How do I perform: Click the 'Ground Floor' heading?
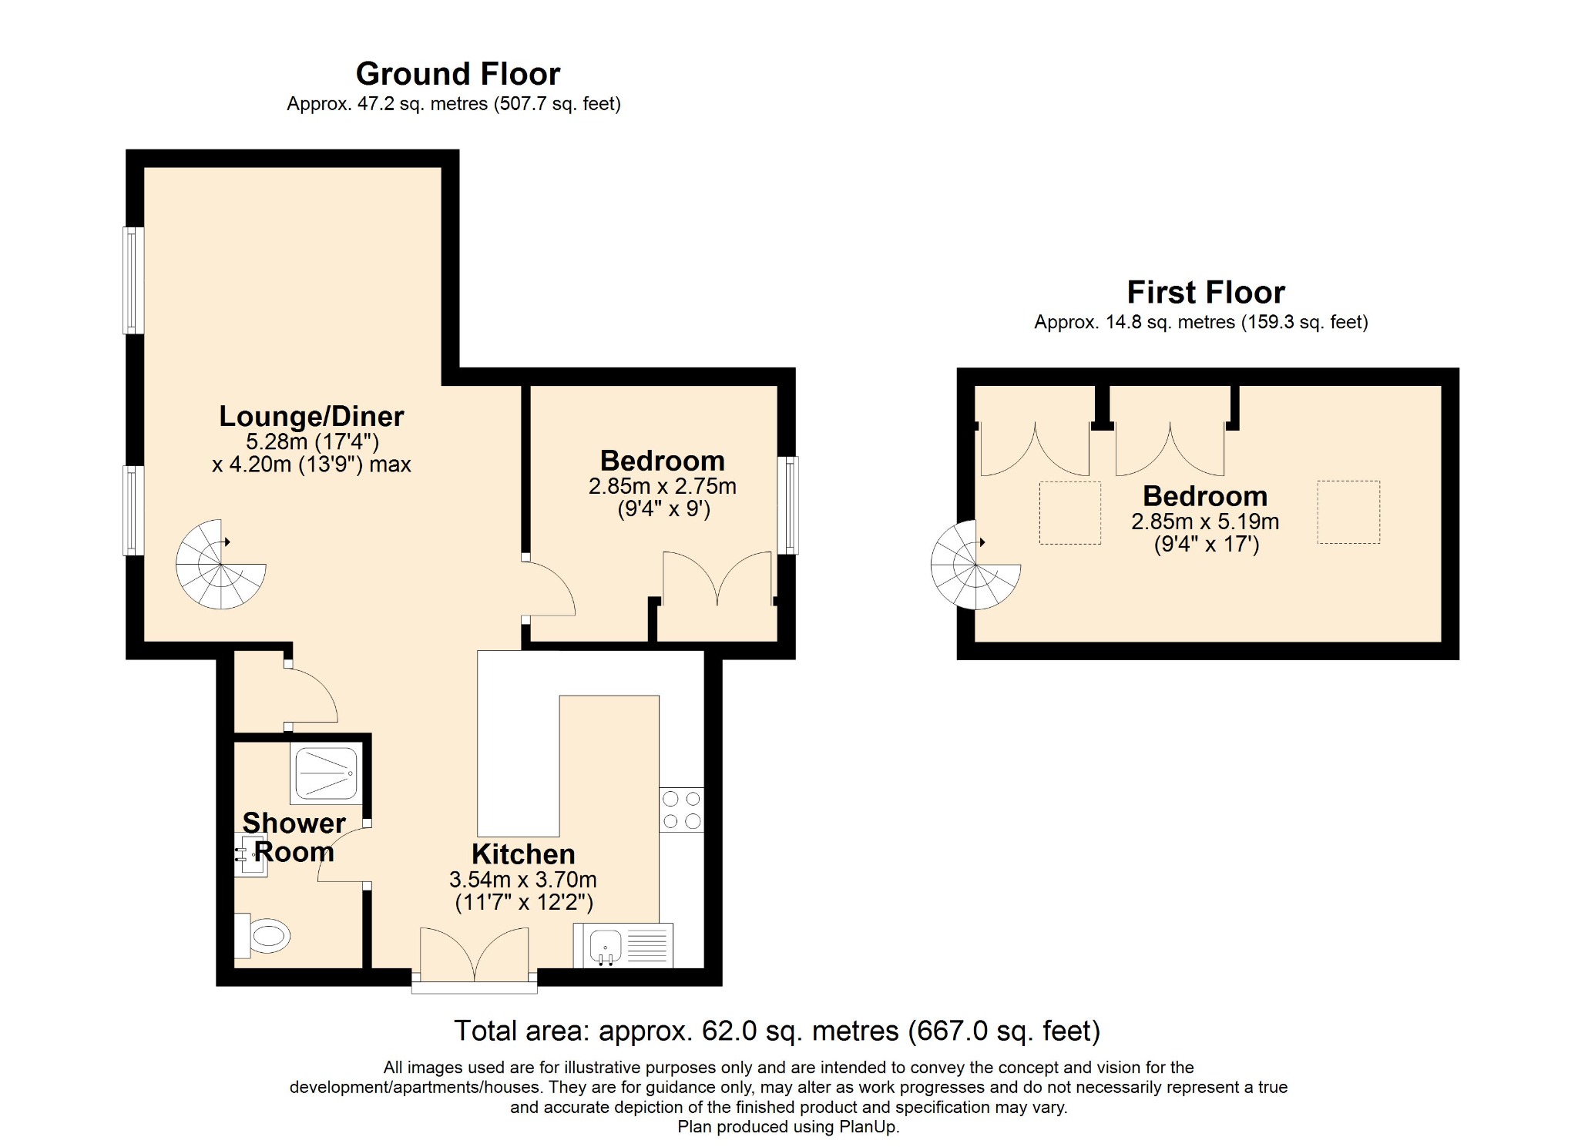pos(458,74)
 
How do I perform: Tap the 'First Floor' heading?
pos(1206,293)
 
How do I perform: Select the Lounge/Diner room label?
pos(311,416)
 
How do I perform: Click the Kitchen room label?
pos(523,854)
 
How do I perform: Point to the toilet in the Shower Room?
pos(263,935)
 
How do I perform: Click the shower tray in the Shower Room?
pos(326,773)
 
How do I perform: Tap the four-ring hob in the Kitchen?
pos(682,810)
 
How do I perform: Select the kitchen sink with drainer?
pos(623,945)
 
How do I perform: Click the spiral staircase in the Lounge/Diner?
pos(221,565)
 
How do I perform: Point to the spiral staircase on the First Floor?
pos(976,565)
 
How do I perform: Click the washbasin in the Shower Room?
pos(251,855)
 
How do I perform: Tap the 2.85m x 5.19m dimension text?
pos(1205,522)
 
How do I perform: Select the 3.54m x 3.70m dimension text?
pos(523,880)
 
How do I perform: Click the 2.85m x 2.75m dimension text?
pos(663,486)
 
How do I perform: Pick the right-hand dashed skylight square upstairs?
pos(1348,512)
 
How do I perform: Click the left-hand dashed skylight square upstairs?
pos(1070,513)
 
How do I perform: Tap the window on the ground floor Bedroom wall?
pos(787,505)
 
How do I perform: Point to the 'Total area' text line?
pos(777,1031)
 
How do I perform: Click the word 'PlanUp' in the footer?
pos(868,1127)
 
